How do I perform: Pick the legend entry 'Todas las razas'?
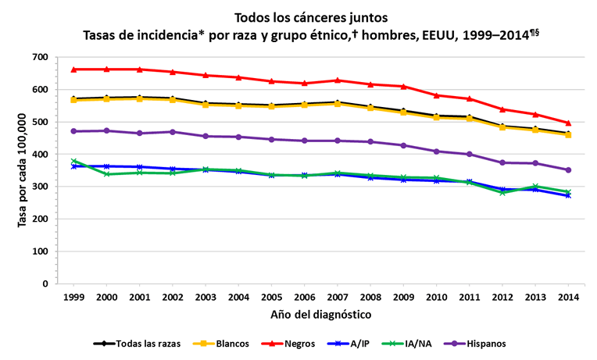(138, 343)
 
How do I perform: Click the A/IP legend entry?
(356, 343)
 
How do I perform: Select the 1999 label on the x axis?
(73, 298)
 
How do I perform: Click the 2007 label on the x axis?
(338, 298)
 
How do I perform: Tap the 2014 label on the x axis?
(568, 298)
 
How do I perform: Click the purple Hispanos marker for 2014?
(568, 169)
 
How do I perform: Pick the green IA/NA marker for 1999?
(73, 161)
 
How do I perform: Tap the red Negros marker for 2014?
(568, 123)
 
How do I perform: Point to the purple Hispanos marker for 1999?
(73, 131)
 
